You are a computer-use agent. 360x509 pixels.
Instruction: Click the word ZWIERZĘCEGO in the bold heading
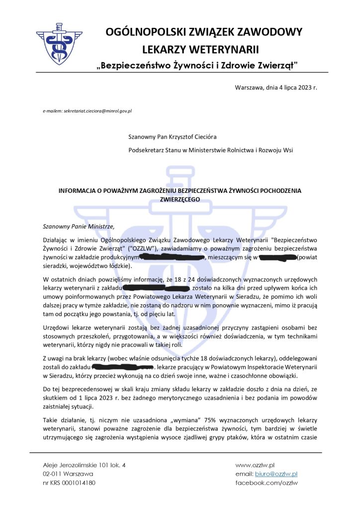(x=179, y=198)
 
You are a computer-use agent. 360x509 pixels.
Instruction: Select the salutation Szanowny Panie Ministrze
(x=75, y=226)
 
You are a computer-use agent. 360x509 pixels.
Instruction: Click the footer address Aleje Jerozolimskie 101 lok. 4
(x=84, y=465)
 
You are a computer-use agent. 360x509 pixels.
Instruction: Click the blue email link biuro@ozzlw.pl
(x=276, y=474)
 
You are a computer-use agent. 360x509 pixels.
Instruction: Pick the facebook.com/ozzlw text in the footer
(x=267, y=483)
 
